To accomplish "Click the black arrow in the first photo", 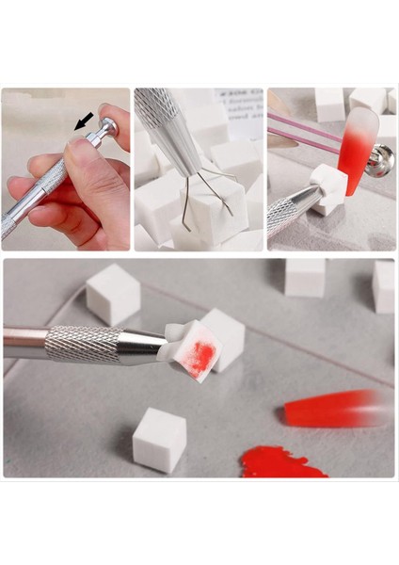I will [85, 121].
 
